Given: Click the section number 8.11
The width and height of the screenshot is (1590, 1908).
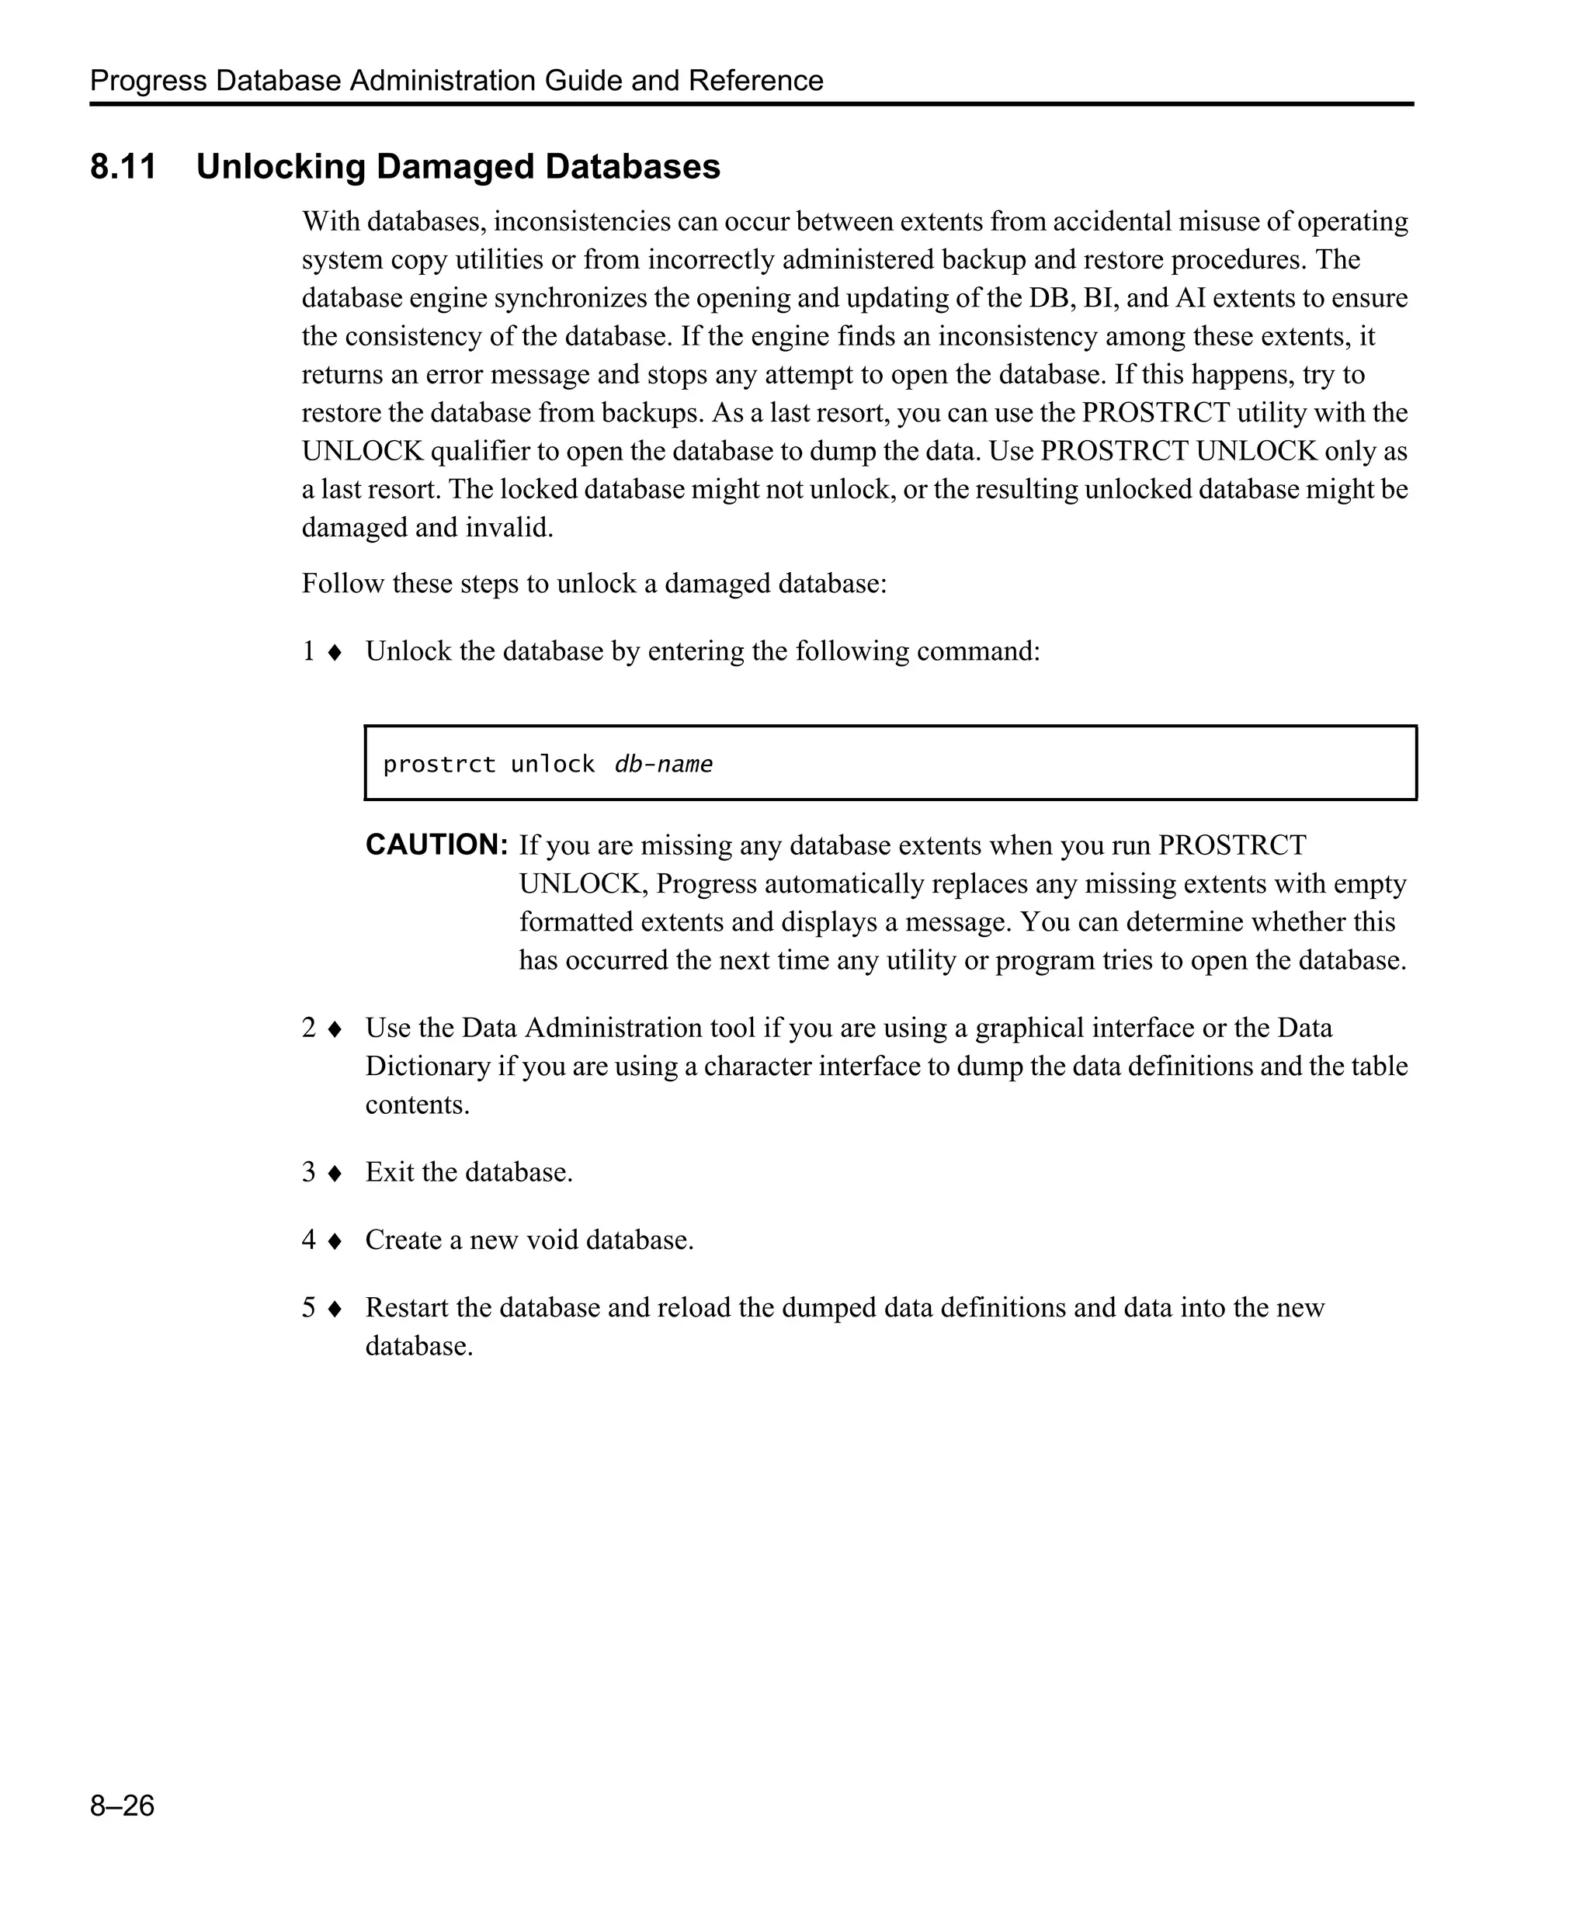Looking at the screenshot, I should (x=123, y=167).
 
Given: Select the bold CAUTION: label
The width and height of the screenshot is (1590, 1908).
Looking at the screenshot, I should (x=436, y=845).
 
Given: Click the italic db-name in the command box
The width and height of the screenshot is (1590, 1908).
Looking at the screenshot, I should (x=663, y=764).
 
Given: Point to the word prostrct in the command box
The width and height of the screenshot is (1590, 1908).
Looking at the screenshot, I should (x=439, y=764).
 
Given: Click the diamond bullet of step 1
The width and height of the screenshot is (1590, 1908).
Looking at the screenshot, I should (x=335, y=652).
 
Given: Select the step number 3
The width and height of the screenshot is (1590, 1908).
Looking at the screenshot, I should (x=309, y=1172).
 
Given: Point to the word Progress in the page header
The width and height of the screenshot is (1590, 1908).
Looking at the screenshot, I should (x=148, y=81).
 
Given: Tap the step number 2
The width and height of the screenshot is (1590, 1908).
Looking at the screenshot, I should (x=309, y=1028).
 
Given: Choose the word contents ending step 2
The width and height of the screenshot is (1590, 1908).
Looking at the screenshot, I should (x=416, y=1105).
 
